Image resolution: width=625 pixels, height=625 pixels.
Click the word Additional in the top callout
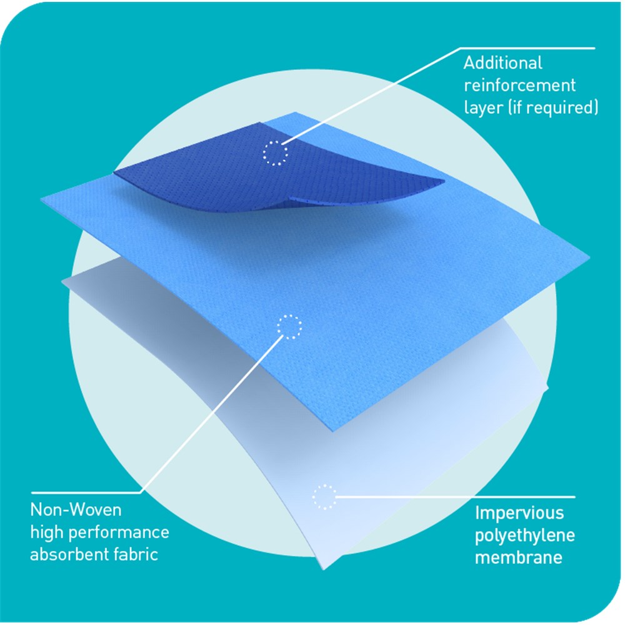(x=502, y=63)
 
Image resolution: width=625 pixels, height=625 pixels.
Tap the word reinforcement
(x=519, y=85)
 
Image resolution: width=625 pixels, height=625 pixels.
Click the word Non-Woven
(x=76, y=510)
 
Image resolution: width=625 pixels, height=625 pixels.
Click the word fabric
(x=137, y=555)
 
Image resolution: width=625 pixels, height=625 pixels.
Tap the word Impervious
(x=519, y=514)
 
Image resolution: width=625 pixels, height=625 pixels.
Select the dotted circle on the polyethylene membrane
(x=324, y=496)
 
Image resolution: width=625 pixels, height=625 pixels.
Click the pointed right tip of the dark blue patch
(x=444, y=182)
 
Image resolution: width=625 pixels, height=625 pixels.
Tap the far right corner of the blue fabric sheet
(x=589, y=256)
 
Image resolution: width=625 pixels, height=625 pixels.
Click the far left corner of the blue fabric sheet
(x=42, y=200)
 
